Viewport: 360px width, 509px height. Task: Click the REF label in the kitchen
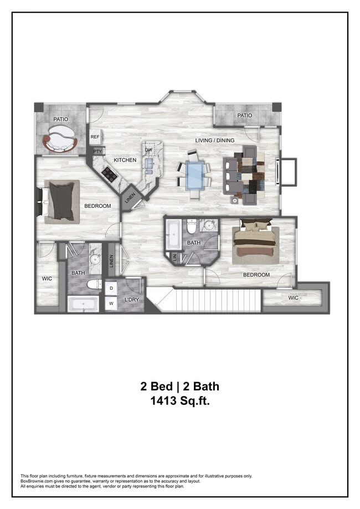point(95,137)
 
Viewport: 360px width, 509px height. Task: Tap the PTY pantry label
point(97,151)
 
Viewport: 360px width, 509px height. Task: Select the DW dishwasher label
point(148,150)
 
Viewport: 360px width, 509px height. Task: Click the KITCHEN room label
point(125,160)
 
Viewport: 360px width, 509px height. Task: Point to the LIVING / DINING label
point(215,140)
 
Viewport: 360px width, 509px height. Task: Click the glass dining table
point(194,175)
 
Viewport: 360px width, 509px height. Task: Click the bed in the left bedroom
point(61,202)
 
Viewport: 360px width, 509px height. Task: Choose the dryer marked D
point(111,289)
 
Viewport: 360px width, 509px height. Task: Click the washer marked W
point(111,304)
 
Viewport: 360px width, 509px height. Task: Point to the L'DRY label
point(132,300)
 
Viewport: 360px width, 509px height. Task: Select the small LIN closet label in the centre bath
point(174,257)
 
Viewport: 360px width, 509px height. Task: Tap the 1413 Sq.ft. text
point(180,401)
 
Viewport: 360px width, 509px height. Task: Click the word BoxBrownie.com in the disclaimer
point(38,481)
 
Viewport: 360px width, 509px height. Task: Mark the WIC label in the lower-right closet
point(294,298)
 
